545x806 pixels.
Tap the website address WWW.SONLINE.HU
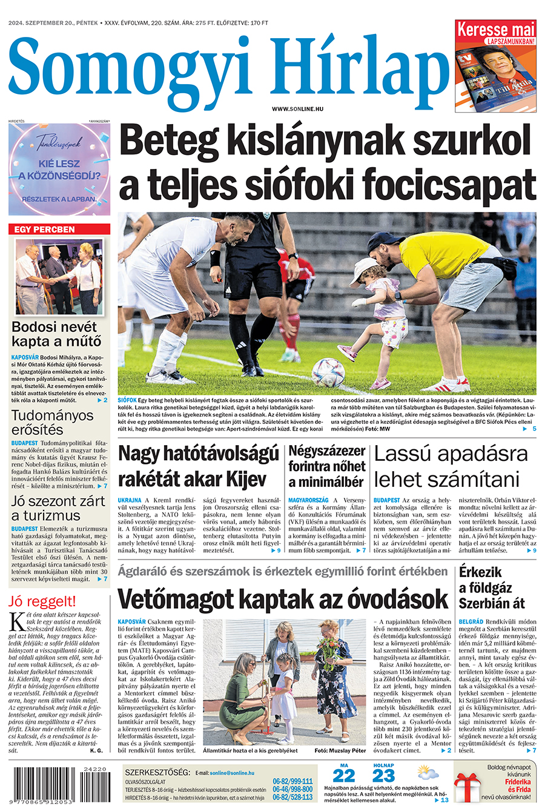[297, 109]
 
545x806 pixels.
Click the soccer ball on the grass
[328, 372]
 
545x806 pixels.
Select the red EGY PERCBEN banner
[59, 230]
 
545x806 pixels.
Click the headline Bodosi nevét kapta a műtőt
[57, 334]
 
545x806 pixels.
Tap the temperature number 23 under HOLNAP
[384, 776]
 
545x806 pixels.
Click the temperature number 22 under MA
[344, 776]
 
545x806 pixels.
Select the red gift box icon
[467, 785]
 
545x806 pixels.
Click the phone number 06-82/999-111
[292, 781]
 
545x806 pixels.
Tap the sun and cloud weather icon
[427, 774]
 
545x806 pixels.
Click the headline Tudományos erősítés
[53, 422]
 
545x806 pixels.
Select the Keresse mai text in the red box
[496, 29]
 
